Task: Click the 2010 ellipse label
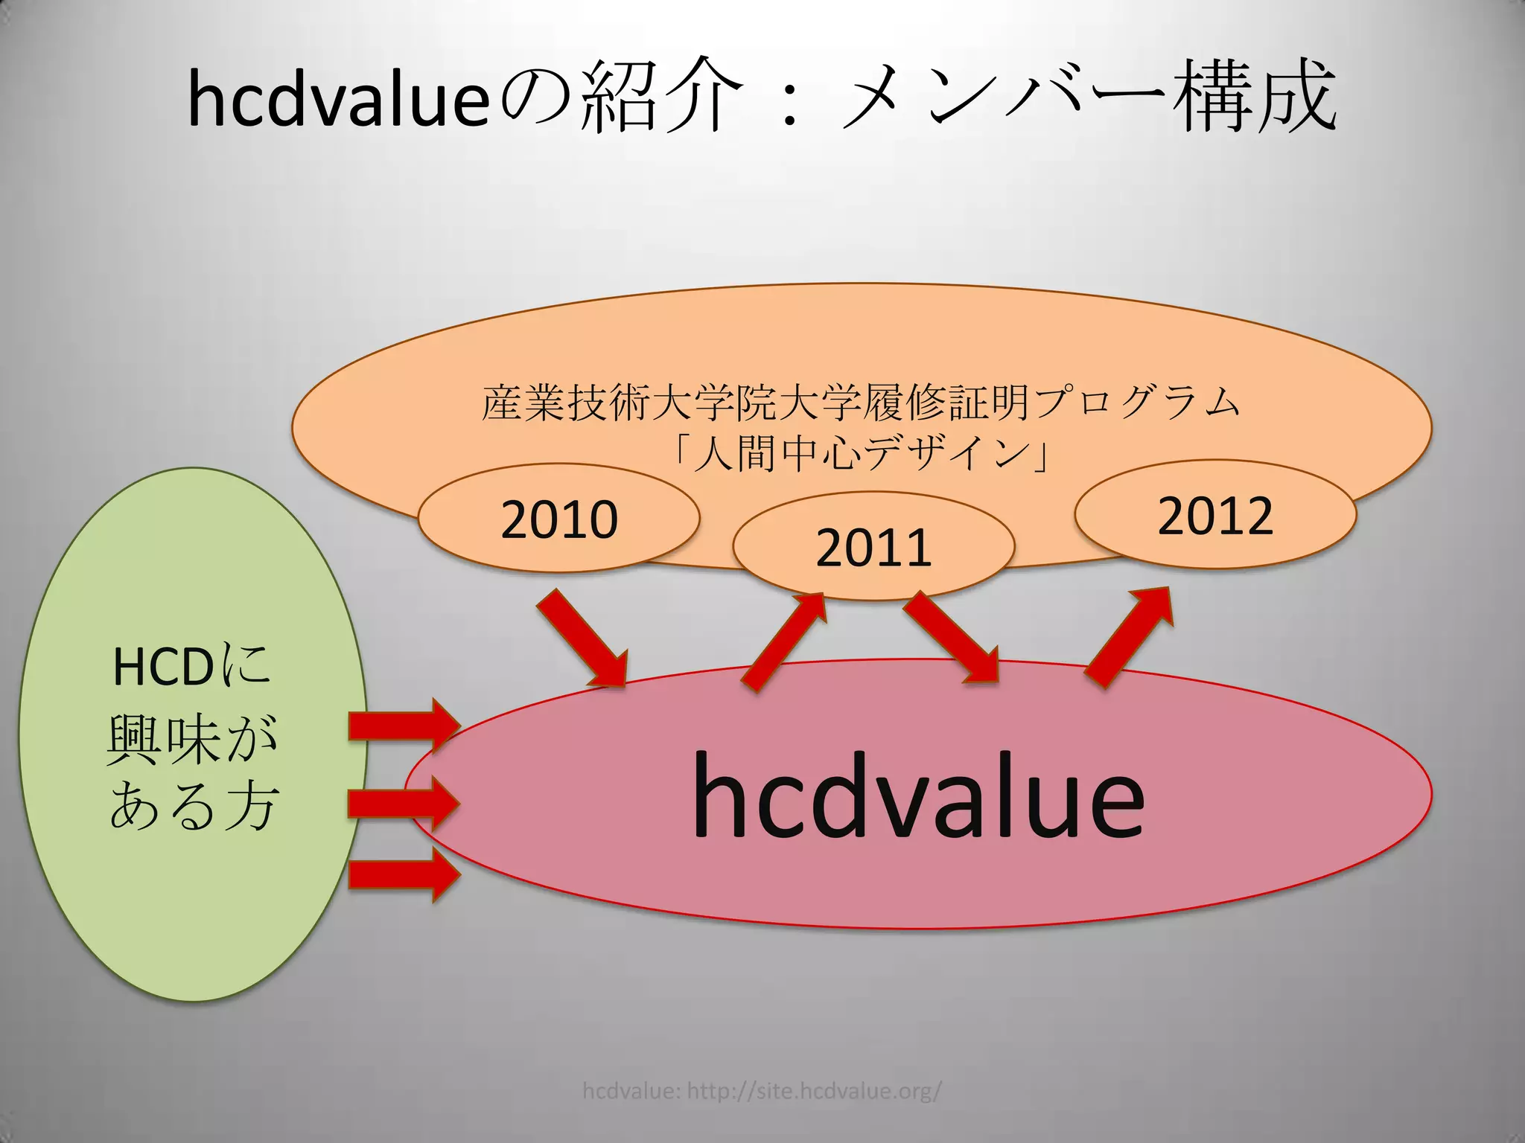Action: pos(559,519)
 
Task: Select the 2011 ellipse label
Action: pos(873,548)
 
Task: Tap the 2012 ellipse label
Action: pos(1215,516)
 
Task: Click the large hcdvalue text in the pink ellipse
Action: pos(917,796)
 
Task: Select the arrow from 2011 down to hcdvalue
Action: pos(952,637)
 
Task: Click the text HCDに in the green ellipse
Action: pos(191,666)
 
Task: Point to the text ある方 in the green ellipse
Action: pos(194,806)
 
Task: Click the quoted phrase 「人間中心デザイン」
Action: pos(862,452)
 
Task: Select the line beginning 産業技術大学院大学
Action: pos(862,403)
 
